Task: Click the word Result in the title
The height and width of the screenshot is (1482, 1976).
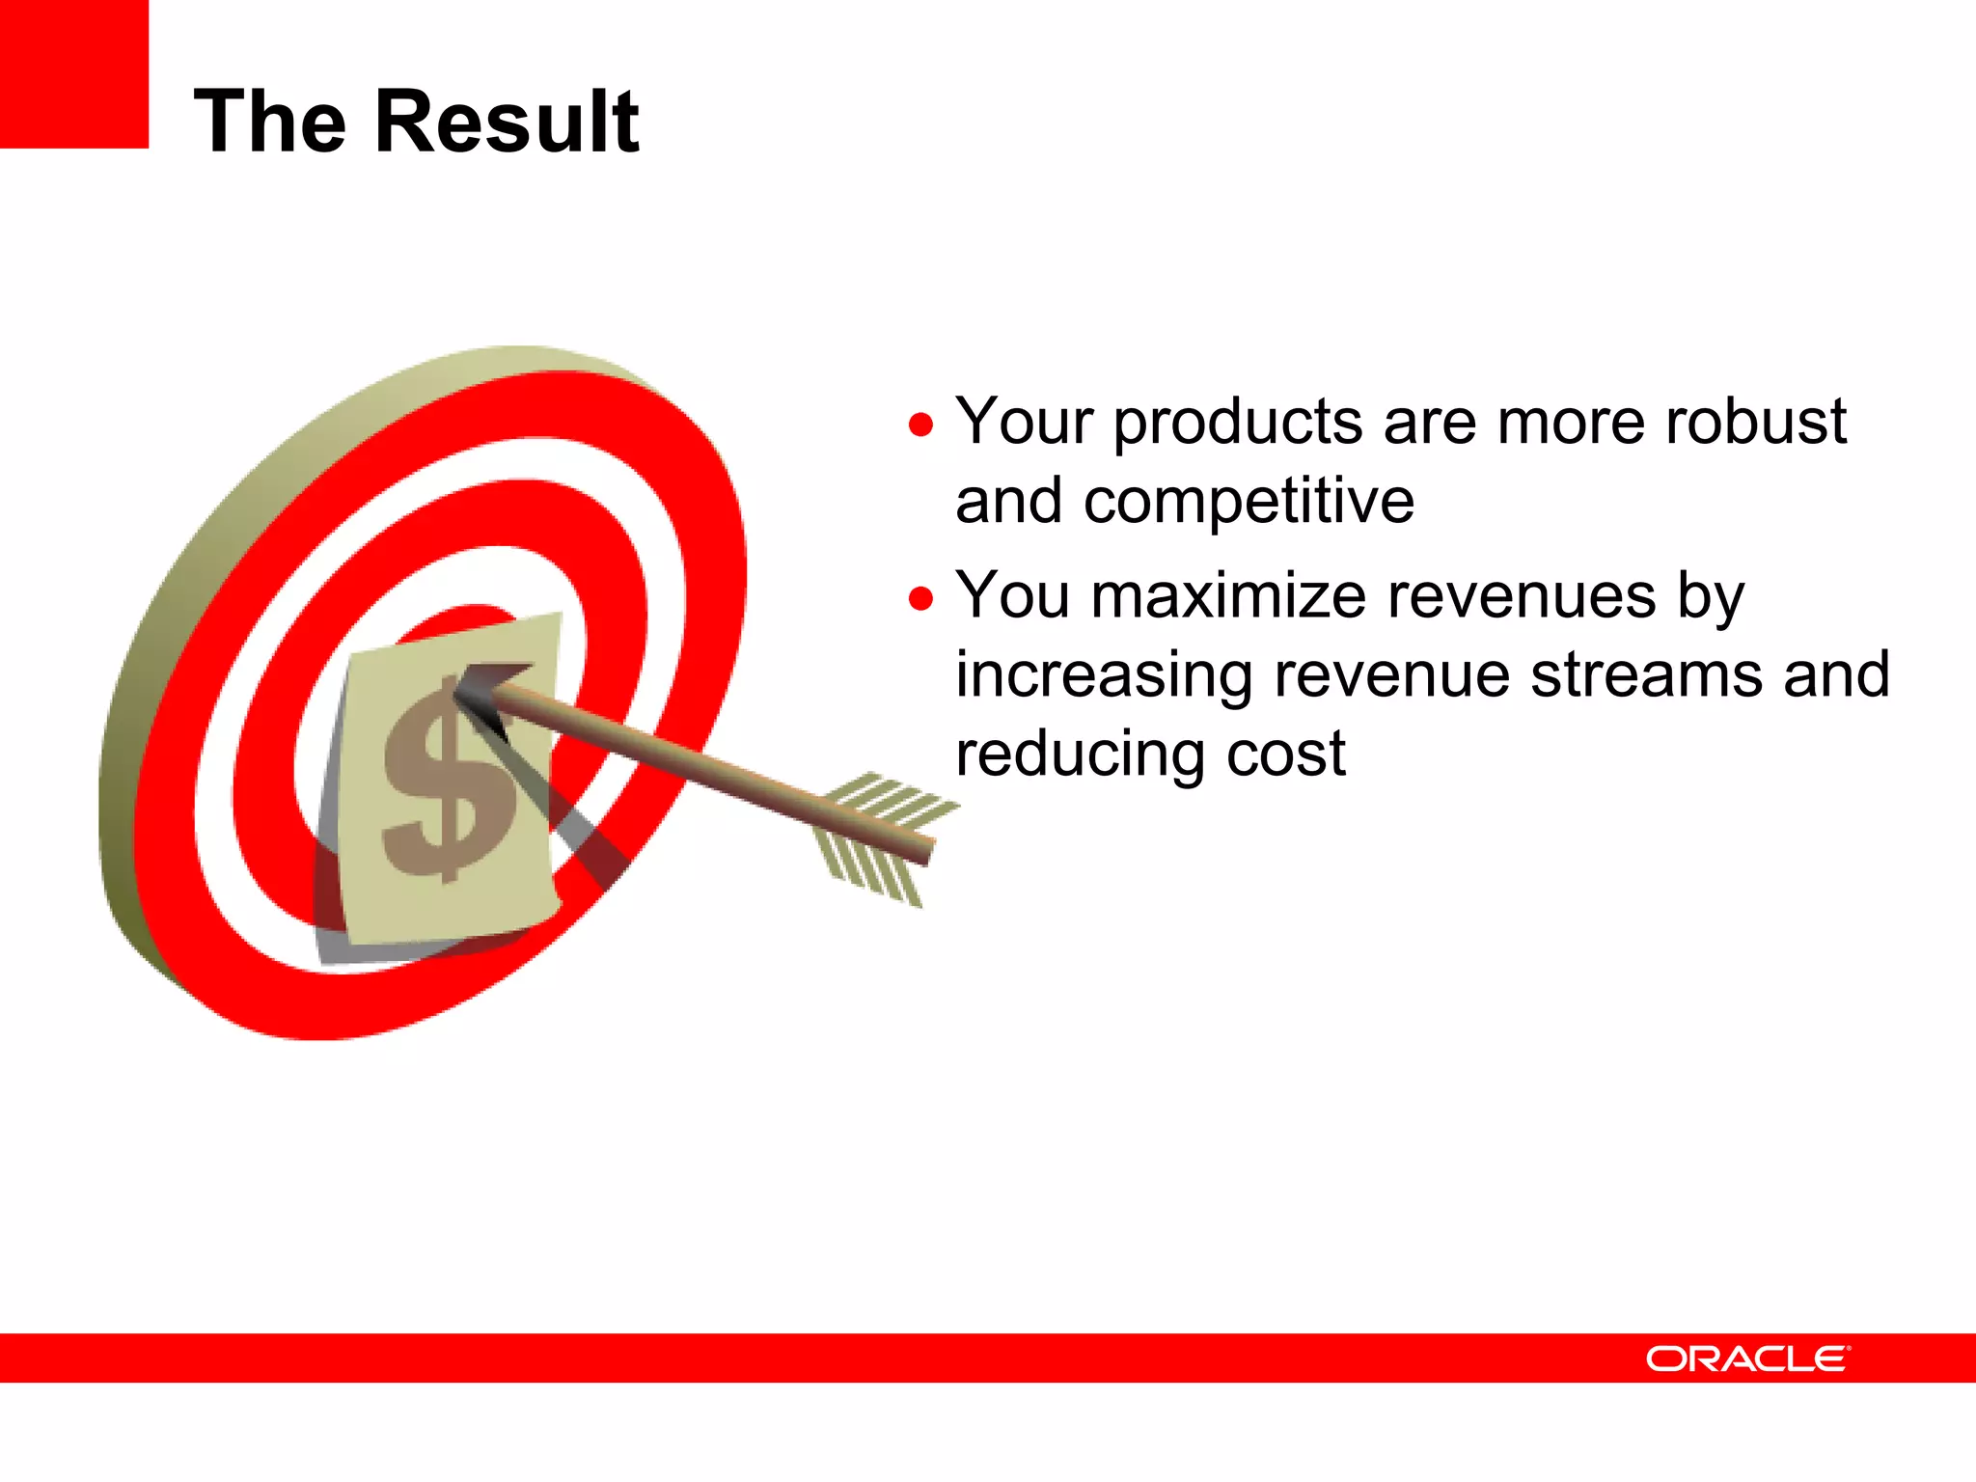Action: pos(507,122)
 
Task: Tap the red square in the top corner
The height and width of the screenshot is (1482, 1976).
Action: pos(73,73)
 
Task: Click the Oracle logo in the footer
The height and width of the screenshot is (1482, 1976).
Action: pos(1747,1358)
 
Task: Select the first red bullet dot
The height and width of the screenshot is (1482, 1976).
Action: pos(921,425)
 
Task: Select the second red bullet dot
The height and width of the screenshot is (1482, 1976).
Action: pos(921,599)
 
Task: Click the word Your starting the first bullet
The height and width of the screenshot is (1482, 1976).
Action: pos(1025,422)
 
